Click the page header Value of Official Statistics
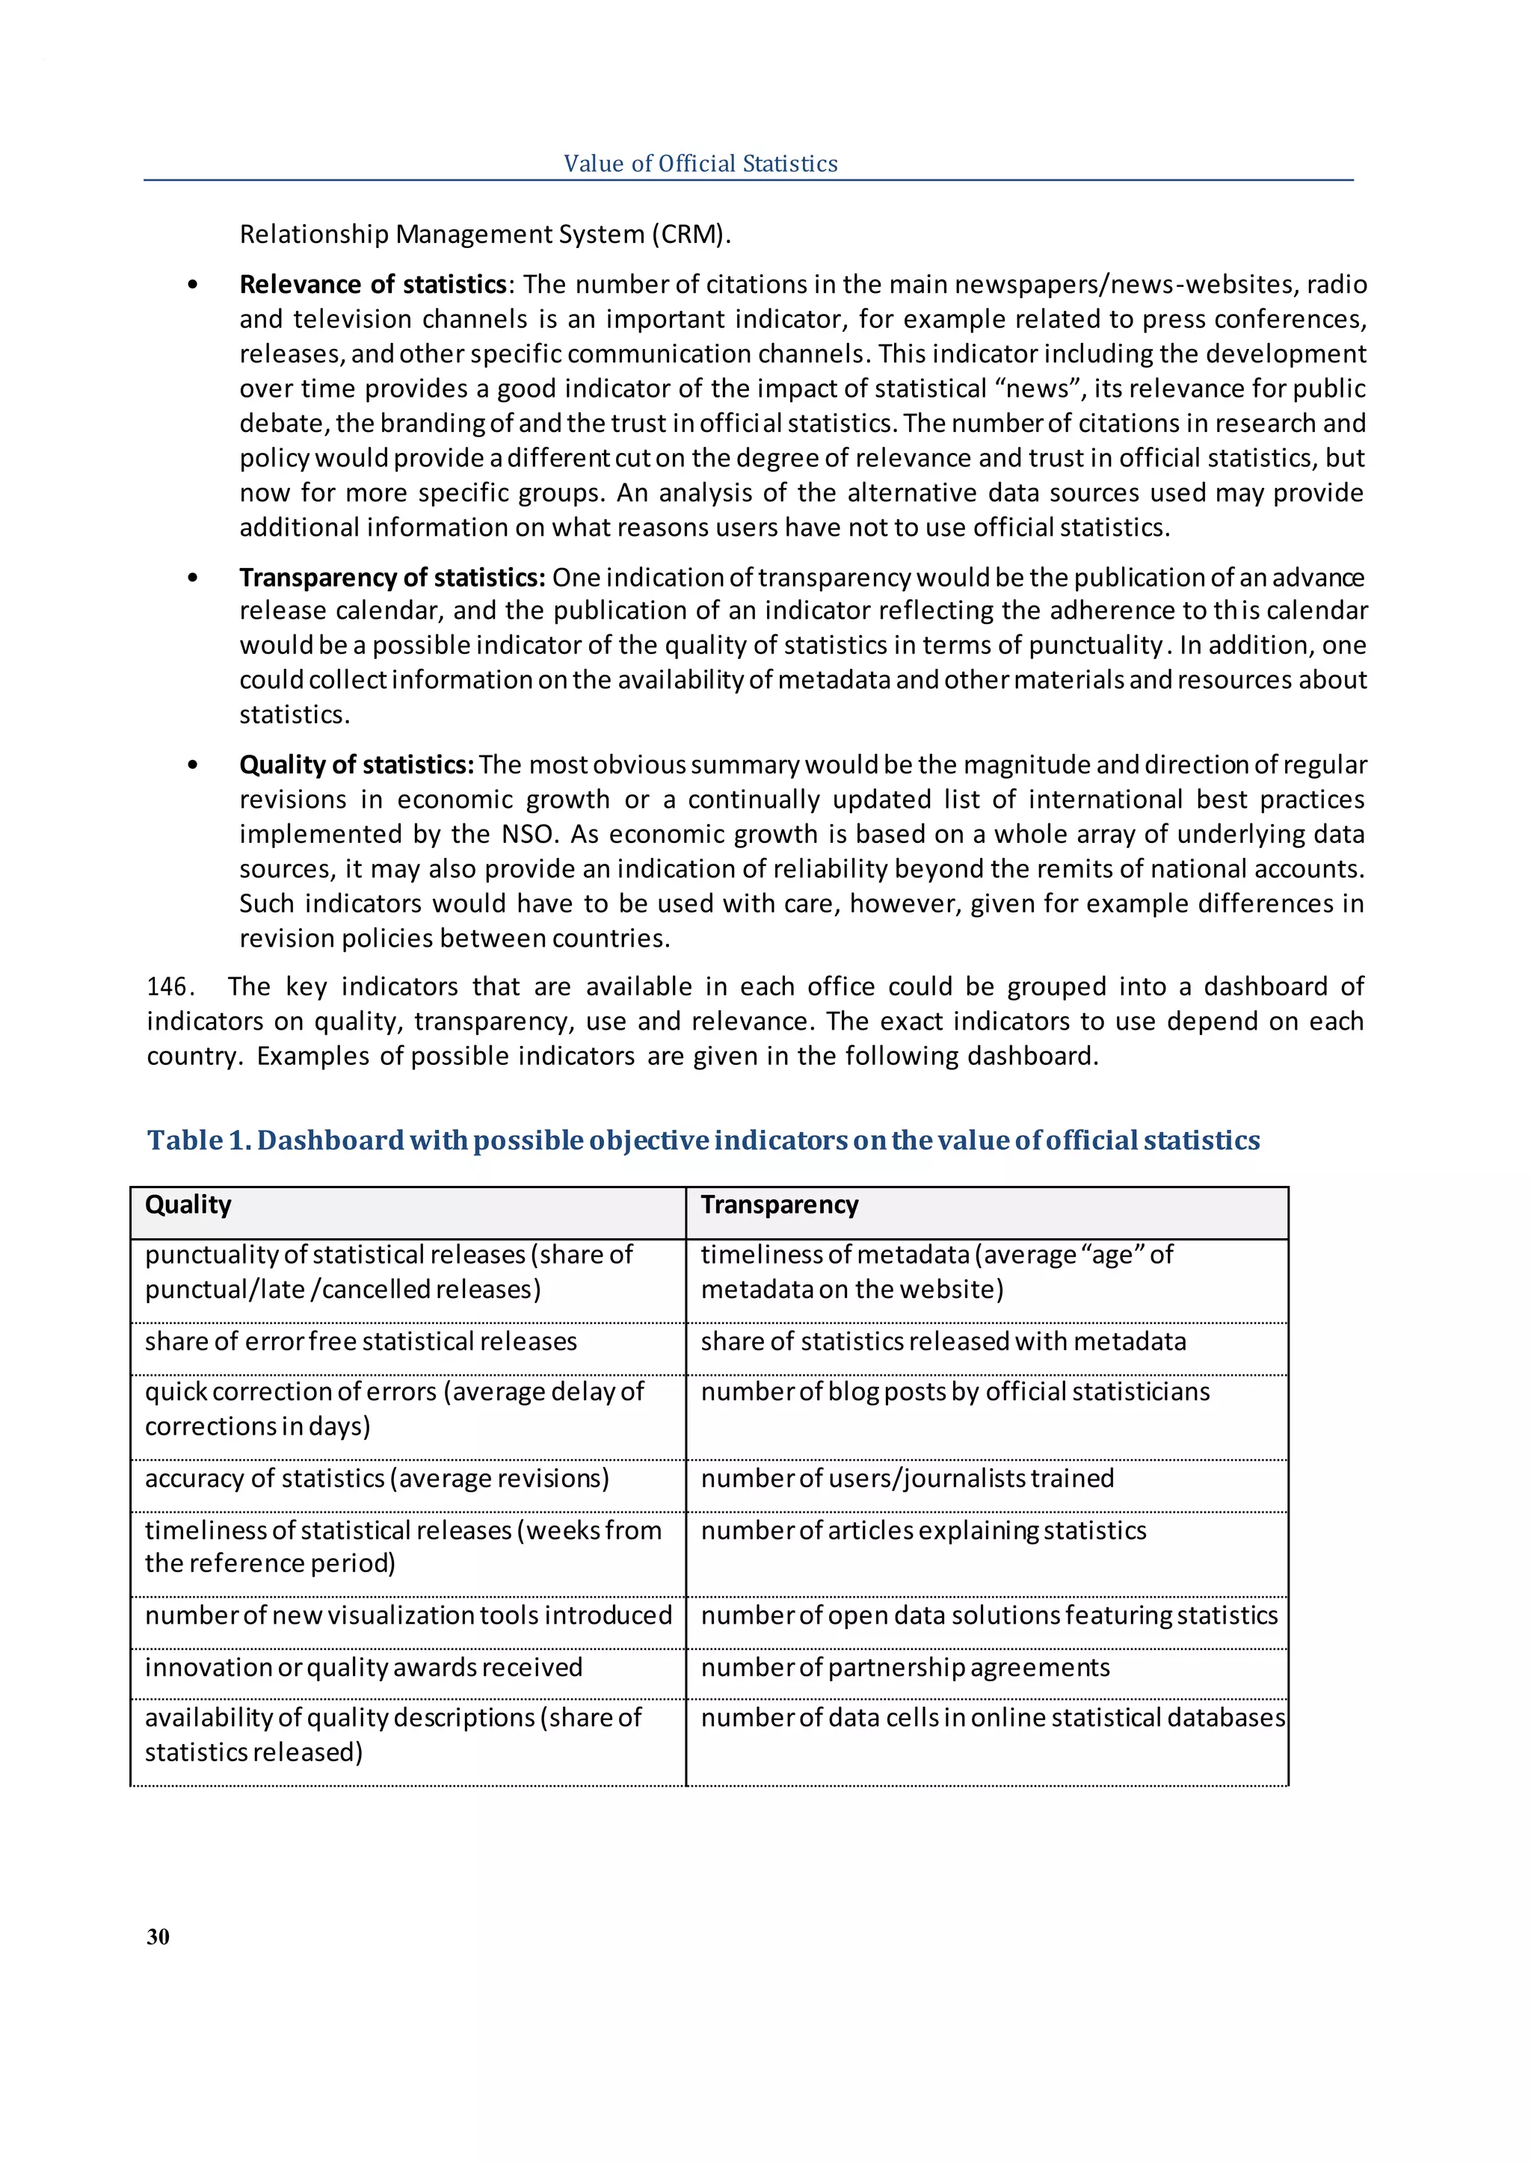point(700,164)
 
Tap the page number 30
point(158,1936)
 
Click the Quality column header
point(188,1205)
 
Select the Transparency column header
point(779,1205)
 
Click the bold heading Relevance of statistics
point(373,285)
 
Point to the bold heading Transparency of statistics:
point(392,577)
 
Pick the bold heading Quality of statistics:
point(357,764)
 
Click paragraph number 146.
point(170,987)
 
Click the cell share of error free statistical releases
point(360,1341)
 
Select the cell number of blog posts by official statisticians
point(954,1392)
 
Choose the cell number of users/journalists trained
point(907,1478)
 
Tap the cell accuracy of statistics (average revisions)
point(377,1478)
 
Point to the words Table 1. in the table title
point(198,1140)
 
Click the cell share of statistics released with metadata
point(943,1341)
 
